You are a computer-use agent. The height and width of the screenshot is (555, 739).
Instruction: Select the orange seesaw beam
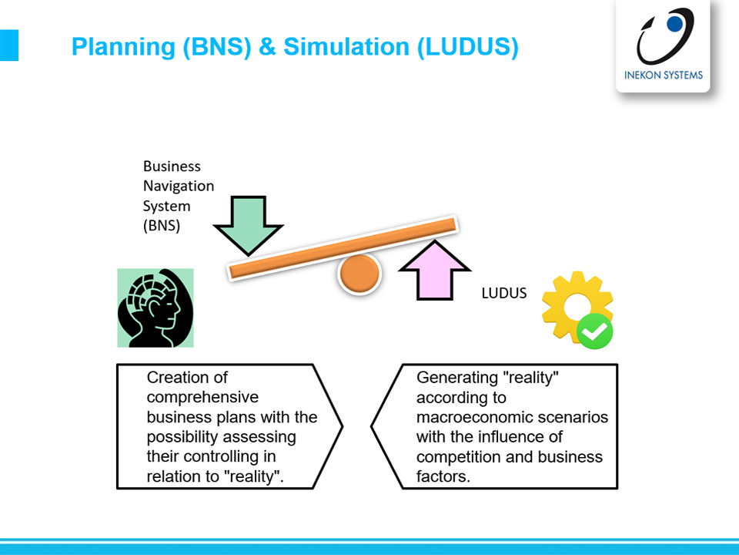[343, 248]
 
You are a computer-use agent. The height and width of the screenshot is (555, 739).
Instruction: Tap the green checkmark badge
[595, 331]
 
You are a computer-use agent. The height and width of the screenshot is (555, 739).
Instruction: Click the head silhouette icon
[155, 308]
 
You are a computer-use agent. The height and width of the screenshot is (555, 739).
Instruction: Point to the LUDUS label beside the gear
[503, 293]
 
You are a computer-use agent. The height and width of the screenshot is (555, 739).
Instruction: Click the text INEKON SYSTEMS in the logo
[663, 75]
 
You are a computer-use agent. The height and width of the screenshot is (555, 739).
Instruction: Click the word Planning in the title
[123, 47]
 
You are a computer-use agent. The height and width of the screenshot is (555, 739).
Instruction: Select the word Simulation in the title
[346, 46]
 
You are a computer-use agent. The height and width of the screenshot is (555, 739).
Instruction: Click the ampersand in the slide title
[267, 46]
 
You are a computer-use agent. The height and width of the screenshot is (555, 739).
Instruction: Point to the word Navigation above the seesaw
[179, 186]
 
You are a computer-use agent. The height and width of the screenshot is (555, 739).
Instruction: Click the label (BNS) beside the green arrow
[162, 226]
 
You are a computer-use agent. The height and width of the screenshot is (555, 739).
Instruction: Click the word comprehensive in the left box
[202, 398]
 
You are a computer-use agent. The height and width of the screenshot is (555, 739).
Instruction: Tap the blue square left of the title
[9, 45]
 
